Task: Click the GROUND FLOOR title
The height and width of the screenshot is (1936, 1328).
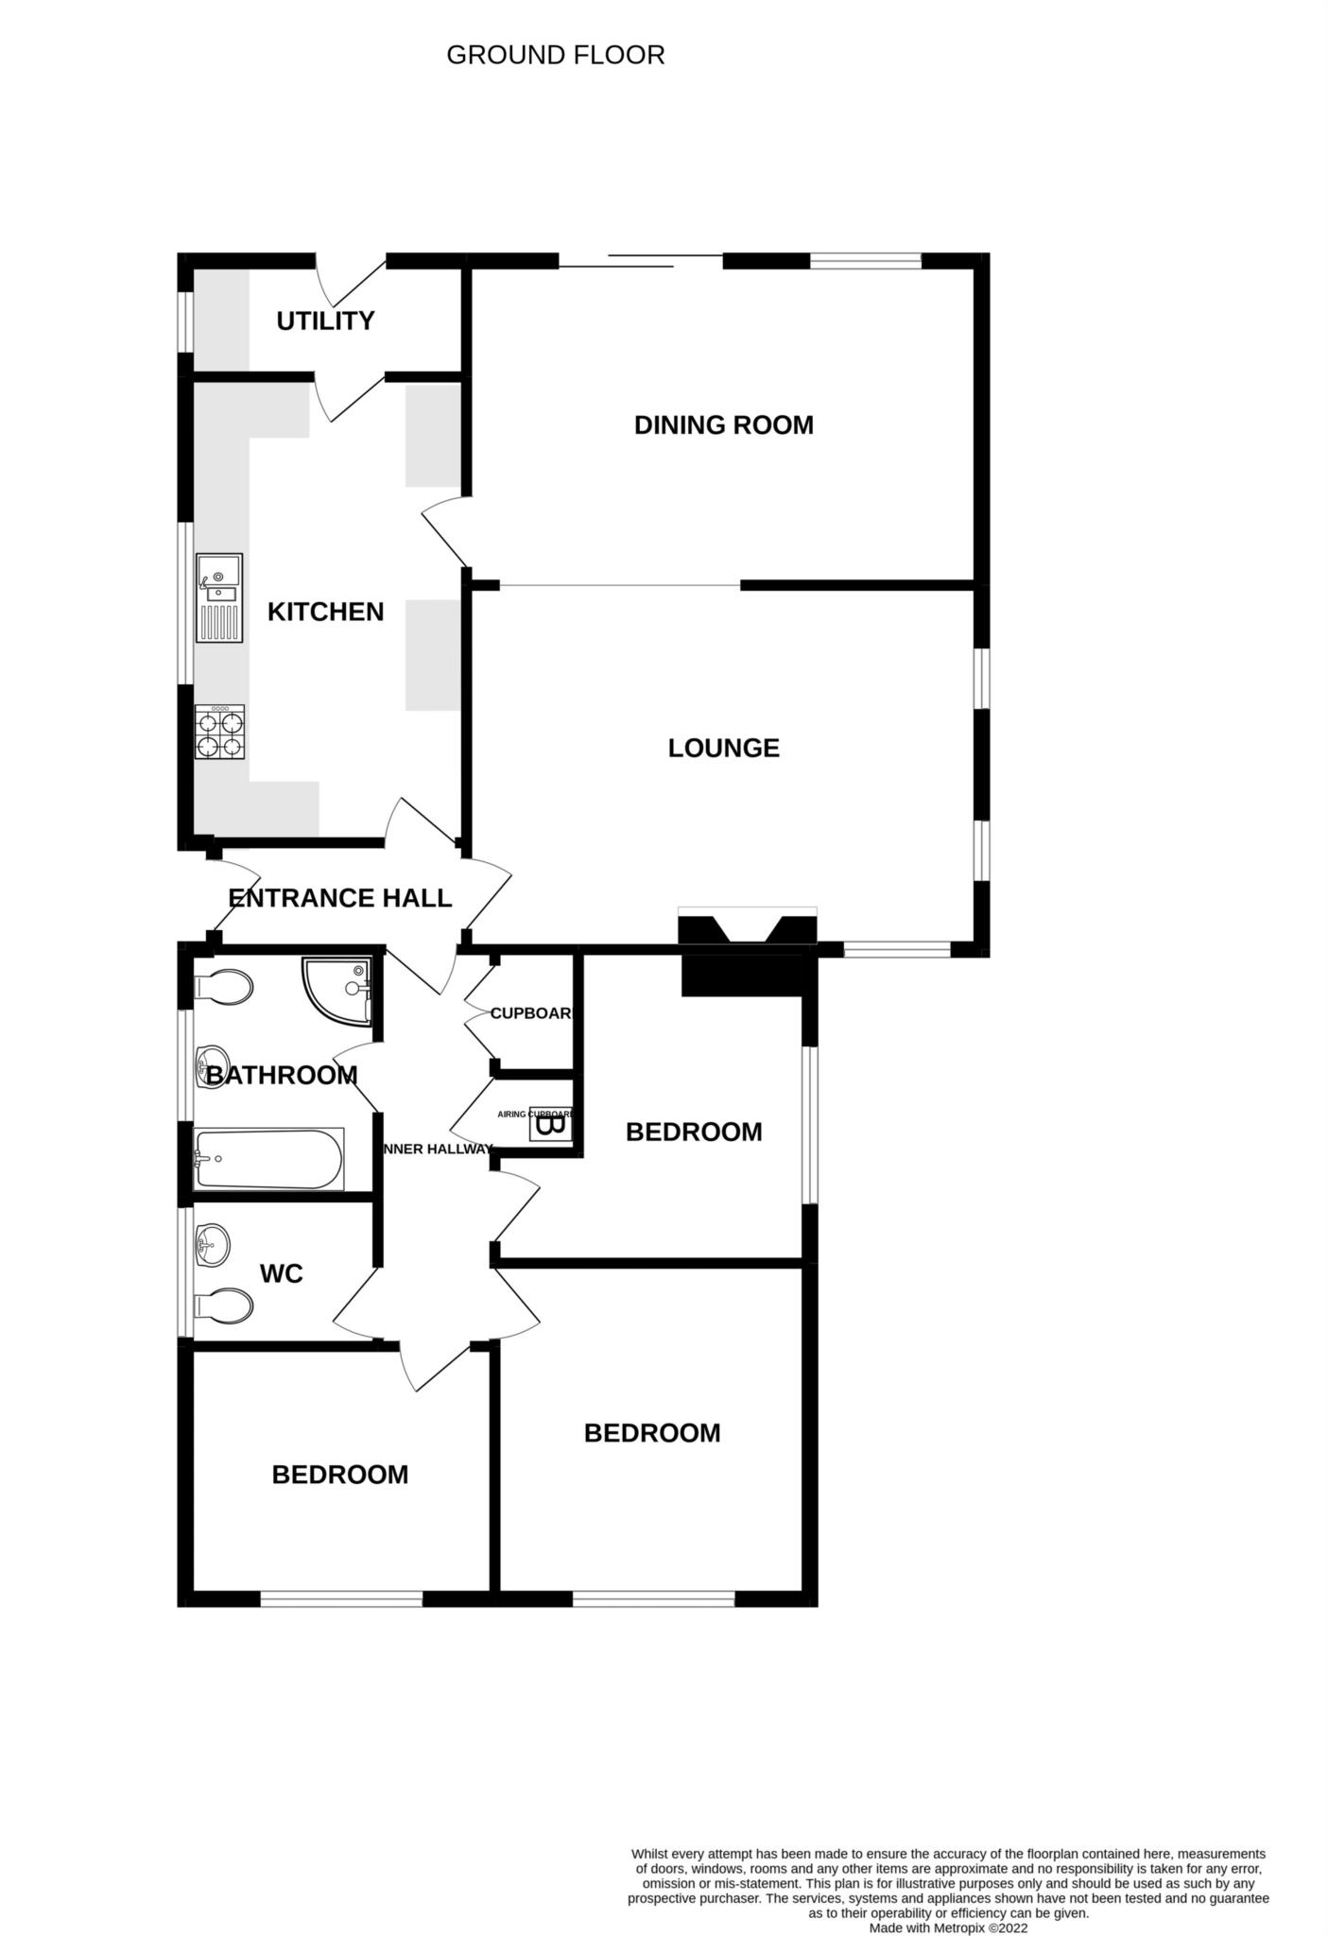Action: tap(555, 56)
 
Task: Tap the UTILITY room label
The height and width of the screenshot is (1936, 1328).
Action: tap(325, 321)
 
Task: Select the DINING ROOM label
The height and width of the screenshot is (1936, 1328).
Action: tap(723, 425)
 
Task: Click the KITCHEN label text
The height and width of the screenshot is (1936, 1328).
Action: tap(325, 613)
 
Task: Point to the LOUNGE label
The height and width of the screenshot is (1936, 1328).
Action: tap(723, 749)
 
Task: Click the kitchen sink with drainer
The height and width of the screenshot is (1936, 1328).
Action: tap(219, 598)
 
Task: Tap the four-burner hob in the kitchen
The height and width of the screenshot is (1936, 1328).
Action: tap(219, 733)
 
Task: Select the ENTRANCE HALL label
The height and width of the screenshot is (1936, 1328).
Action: tap(340, 898)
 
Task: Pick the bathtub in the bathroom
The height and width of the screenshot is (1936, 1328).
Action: tap(268, 1159)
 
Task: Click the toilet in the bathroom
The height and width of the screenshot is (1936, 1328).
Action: tap(223, 988)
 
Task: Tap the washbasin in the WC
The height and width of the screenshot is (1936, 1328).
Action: tap(212, 1244)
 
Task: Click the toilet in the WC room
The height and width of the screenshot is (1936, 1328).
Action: tap(223, 1306)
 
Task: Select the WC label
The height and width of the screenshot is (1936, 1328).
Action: tap(282, 1274)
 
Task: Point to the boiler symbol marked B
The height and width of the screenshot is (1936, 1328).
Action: tap(549, 1125)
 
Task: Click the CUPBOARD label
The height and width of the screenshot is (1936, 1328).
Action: tap(530, 1014)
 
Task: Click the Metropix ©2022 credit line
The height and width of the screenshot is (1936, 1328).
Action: tap(948, 1927)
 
